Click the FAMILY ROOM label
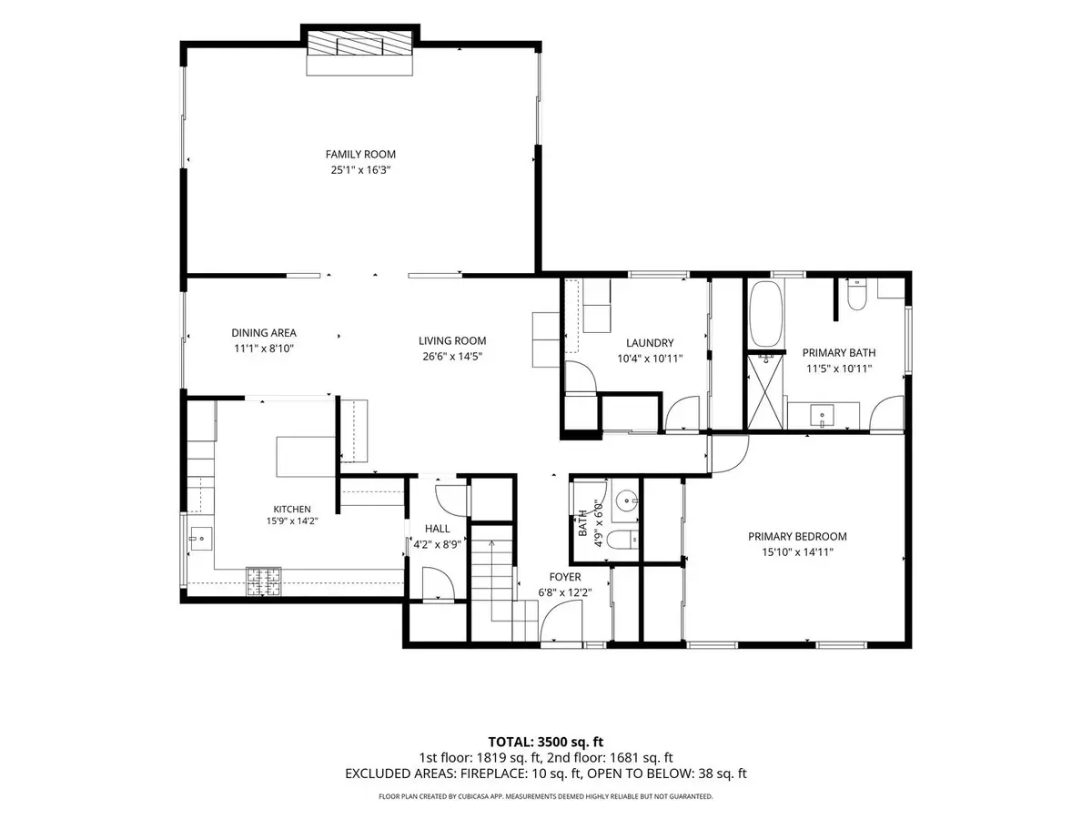pos(360,154)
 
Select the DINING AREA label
pos(264,333)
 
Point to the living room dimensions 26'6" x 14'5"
pos(452,356)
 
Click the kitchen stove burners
pos(264,581)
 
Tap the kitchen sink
pos(201,539)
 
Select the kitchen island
pos(306,457)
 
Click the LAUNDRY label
pos(650,343)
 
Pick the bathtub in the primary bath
pos(765,314)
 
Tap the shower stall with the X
pos(765,391)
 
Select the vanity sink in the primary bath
pos(822,416)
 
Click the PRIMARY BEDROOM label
pos(797,537)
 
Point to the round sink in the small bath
pos(625,499)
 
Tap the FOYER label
pos(565,577)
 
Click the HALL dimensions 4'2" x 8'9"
pos(438,544)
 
